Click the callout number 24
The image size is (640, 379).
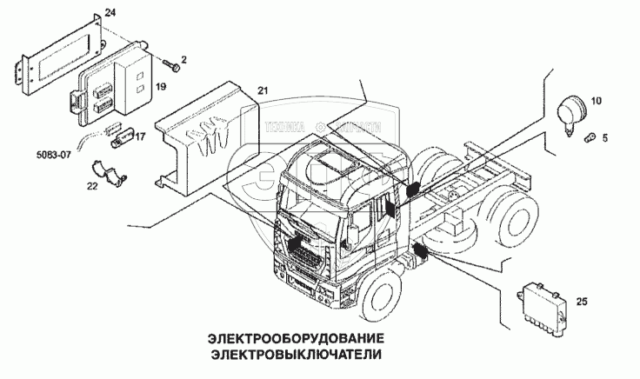pyautogui.click(x=109, y=11)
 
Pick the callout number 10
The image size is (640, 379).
pyautogui.click(x=596, y=102)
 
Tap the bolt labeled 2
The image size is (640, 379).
pyautogui.click(x=173, y=63)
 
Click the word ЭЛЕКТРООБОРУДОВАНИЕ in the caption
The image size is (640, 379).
pyautogui.click(x=296, y=336)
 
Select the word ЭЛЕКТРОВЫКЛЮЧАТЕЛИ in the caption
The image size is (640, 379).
pyautogui.click(x=296, y=355)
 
